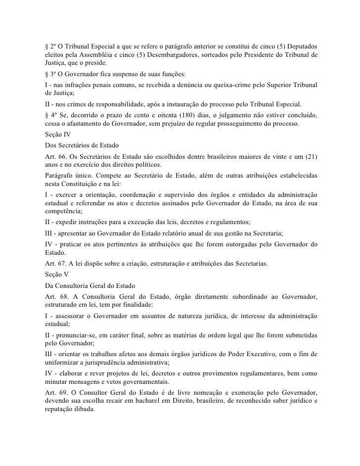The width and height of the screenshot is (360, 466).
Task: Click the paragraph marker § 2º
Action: (x=49, y=45)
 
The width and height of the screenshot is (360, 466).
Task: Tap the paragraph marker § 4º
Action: (x=49, y=115)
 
